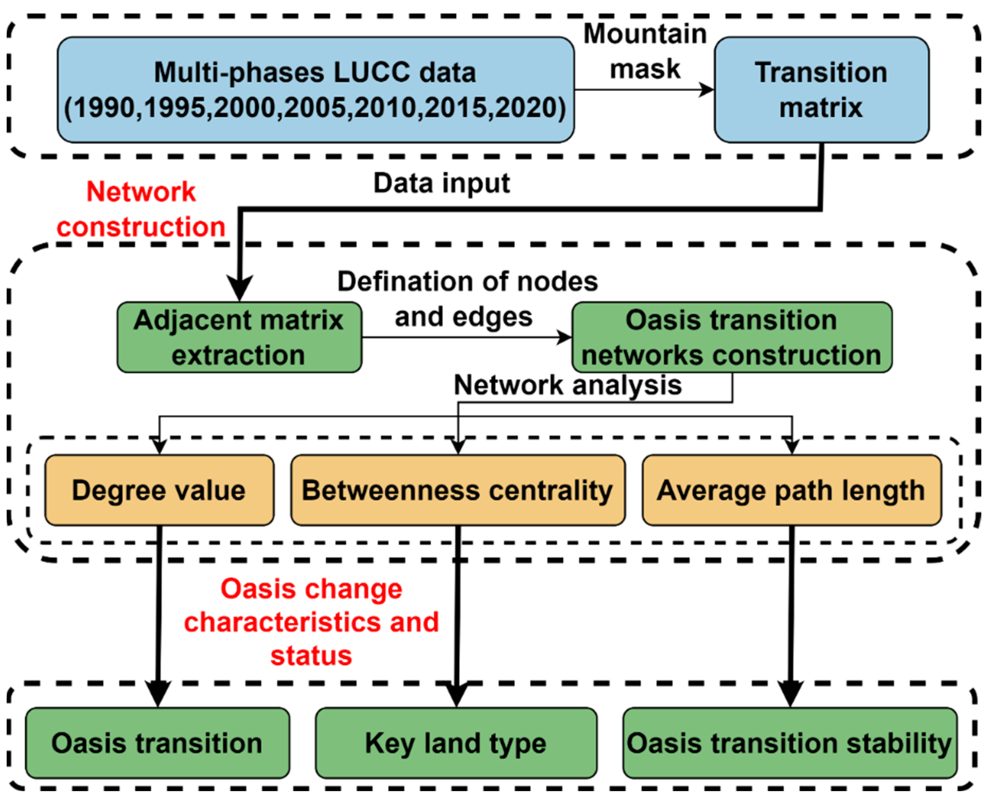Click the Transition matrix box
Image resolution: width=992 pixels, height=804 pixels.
click(x=821, y=90)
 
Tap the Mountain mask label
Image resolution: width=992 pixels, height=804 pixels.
click(x=645, y=51)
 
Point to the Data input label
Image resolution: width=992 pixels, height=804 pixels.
click(x=441, y=184)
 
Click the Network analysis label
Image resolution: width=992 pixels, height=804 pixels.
click(x=567, y=385)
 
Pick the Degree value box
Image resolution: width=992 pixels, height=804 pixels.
click(x=159, y=490)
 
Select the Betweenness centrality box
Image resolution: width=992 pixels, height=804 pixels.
click(x=458, y=490)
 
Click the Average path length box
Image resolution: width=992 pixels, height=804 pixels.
click(x=791, y=490)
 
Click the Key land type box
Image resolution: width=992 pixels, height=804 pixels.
click(x=456, y=743)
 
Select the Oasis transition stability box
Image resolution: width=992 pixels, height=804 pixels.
click(x=789, y=743)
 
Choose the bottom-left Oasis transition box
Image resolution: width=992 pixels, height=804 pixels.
click(x=157, y=743)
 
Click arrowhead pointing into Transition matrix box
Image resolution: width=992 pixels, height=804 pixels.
click(x=707, y=90)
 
